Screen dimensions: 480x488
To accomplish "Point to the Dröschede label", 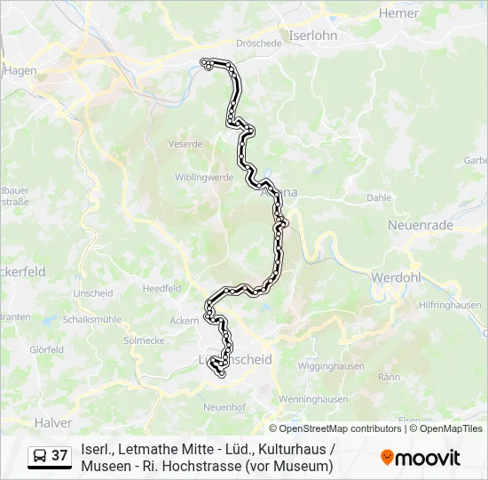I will [259, 43].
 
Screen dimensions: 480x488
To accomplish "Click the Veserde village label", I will [185, 143].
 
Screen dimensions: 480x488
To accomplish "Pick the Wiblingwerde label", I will [204, 177].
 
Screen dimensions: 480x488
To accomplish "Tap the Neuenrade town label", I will [421, 226].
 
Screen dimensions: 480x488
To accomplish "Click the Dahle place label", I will [379, 197].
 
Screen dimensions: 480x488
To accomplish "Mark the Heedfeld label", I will [161, 288].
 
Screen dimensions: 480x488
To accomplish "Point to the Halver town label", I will [52, 422].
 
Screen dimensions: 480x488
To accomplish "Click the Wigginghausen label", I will [332, 365].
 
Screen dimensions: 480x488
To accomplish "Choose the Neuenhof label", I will [225, 406].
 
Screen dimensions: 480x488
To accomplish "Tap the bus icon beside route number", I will [40, 457].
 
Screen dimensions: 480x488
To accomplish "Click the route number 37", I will [59, 456].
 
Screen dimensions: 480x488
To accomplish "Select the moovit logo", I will [421, 458].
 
